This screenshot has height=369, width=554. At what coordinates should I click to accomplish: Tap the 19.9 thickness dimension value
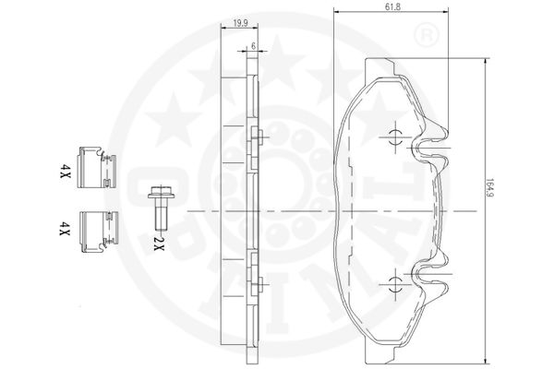pyautogui.click(x=240, y=23)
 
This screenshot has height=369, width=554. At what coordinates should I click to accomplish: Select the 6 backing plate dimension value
pyautogui.click(x=253, y=46)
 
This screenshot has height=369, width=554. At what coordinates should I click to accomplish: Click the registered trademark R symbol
pyautogui.click(x=426, y=35)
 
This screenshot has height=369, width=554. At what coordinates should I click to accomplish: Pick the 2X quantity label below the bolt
pyautogui.click(x=160, y=244)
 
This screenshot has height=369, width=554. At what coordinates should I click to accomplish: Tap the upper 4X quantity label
pyautogui.click(x=65, y=171)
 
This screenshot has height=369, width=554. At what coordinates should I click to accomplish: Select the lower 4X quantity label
pyautogui.click(x=65, y=229)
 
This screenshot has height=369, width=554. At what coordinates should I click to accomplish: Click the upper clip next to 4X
pyautogui.click(x=97, y=167)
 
